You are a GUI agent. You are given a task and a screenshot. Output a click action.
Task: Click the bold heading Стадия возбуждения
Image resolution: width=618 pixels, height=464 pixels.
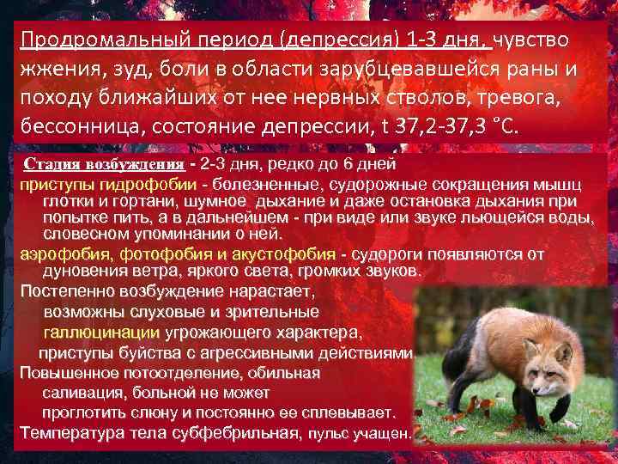coord(104,165)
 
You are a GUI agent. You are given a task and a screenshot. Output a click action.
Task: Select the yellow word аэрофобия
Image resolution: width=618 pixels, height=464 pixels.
coord(66,253)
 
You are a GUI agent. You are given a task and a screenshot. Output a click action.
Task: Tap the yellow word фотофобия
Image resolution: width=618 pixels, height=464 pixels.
coord(158,253)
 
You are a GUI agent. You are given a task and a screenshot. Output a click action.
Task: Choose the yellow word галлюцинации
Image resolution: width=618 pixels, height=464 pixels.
coord(101,333)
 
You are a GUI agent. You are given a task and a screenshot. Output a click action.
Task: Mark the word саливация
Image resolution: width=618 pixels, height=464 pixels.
coord(81,393)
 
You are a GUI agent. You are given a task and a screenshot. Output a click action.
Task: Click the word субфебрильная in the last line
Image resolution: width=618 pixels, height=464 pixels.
coord(239,431)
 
